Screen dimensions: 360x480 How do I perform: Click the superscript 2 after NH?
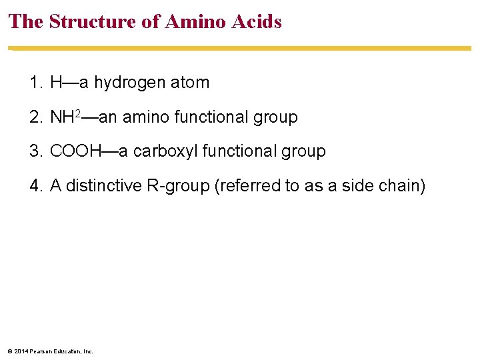77,115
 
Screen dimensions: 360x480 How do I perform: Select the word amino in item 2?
146,117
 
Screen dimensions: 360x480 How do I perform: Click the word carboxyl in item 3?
165,151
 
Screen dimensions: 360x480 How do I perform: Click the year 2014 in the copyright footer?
21,351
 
